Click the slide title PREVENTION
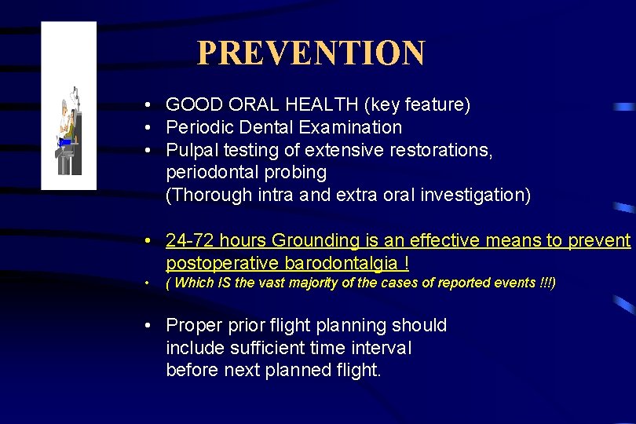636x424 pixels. click(x=310, y=53)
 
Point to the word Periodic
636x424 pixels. click(x=196, y=127)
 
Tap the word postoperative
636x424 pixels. click(x=215, y=263)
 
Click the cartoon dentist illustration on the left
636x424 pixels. click(x=68, y=130)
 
